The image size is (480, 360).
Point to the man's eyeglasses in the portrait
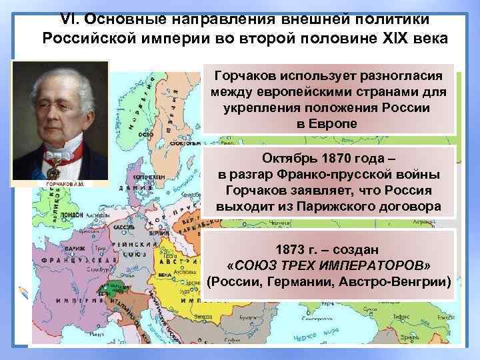[x=57, y=107]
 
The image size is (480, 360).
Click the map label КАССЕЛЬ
[x=123, y=227]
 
